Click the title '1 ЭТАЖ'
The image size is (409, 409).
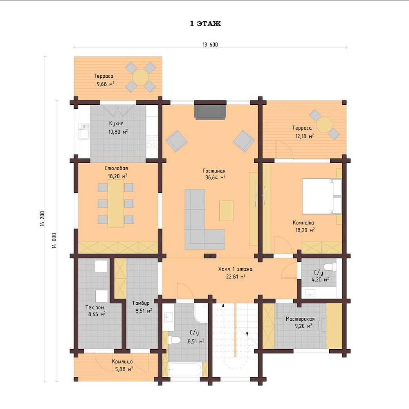coord(205,24)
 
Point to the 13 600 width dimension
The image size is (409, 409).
coord(210,45)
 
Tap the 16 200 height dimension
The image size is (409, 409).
coord(43,218)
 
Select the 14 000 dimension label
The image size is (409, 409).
coord(54,240)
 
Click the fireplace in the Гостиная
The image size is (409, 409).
coord(210,110)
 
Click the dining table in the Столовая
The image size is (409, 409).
coord(116,203)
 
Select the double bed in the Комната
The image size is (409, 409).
coord(322,196)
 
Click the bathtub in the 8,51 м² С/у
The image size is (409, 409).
coord(185,370)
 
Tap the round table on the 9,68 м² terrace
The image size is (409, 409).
coord(140,77)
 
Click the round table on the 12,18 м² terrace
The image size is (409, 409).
coord(324,125)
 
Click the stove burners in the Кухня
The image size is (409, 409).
coord(152,142)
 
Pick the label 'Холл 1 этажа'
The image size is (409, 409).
coord(235,269)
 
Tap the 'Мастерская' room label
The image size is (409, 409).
coord(300,319)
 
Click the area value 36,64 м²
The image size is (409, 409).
coord(215,178)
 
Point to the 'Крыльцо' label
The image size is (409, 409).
coord(122,362)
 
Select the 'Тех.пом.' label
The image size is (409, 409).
coord(95,308)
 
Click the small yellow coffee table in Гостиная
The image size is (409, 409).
coord(227,211)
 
